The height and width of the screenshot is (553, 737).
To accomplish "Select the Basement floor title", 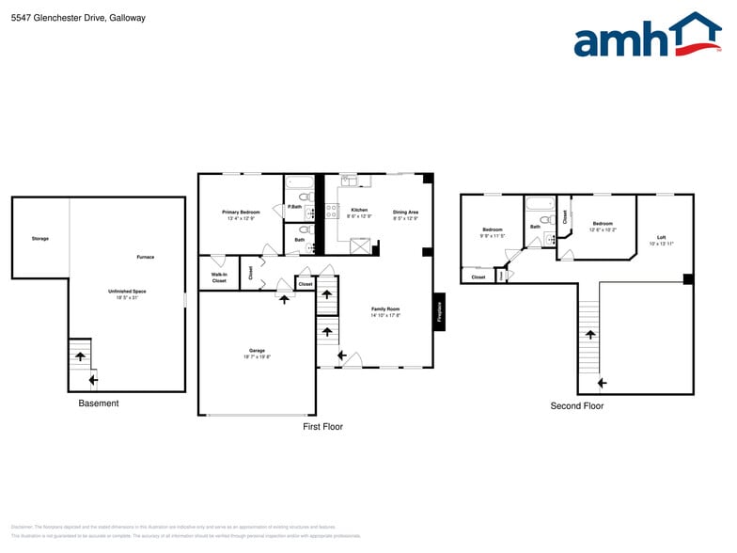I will tap(99, 403).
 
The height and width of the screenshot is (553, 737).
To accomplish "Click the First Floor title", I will tap(322, 427).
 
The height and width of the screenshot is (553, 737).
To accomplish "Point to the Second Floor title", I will tap(577, 406).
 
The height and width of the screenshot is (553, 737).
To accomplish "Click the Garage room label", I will tap(258, 354).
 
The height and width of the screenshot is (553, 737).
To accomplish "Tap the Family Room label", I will tap(385, 312).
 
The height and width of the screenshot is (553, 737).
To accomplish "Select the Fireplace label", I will tap(439, 310).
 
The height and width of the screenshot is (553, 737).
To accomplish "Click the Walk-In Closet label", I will tap(219, 278).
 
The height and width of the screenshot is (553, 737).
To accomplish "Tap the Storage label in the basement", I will tap(39, 239).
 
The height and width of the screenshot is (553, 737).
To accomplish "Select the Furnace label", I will tap(146, 257).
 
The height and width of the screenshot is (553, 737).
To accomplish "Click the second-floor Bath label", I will tap(535, 227).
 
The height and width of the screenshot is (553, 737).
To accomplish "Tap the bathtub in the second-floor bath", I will tap(541, 203).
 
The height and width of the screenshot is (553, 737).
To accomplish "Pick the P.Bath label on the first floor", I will tap(294, 207).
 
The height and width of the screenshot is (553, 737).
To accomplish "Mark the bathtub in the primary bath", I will tap(300, 183).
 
